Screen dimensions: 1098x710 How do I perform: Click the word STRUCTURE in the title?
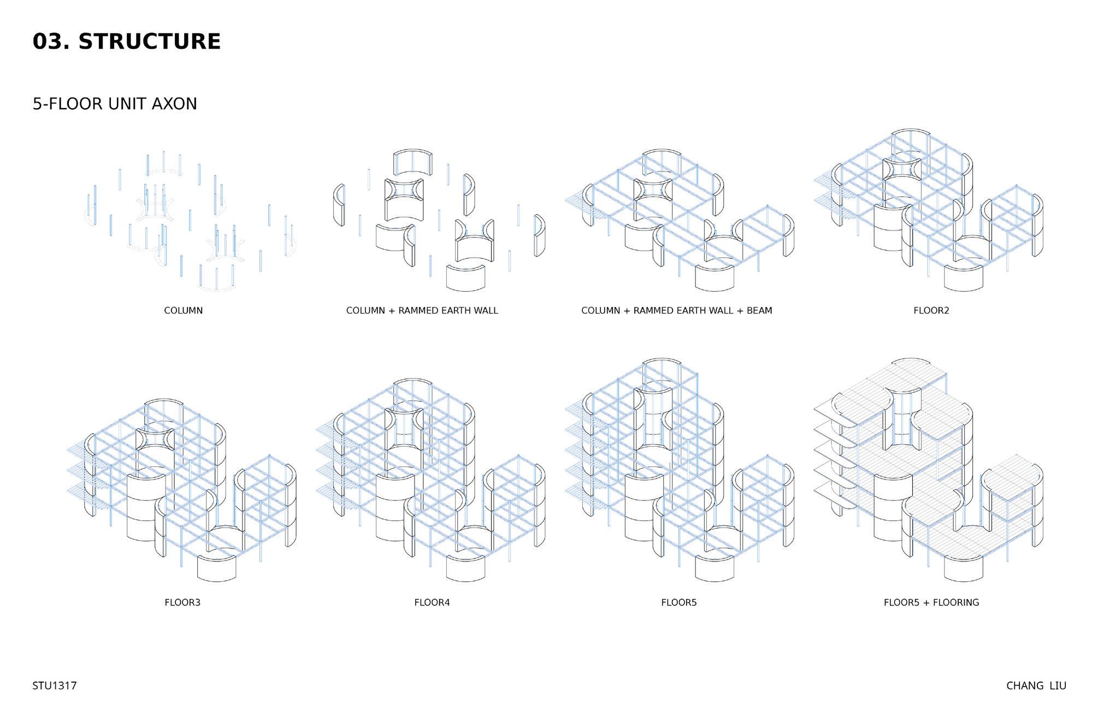149,42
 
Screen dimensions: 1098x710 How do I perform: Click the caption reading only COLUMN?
183,311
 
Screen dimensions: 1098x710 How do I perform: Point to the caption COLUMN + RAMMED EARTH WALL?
422,311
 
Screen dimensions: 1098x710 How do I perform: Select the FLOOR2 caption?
931,311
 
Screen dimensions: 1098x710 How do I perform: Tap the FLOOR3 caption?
182,603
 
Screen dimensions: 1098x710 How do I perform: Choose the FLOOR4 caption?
432,603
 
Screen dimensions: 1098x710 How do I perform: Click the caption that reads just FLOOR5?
678,603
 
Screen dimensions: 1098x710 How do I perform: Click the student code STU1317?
54,686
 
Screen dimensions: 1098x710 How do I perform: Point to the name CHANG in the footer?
1025,686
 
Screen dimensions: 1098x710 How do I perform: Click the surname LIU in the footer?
1058,686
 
